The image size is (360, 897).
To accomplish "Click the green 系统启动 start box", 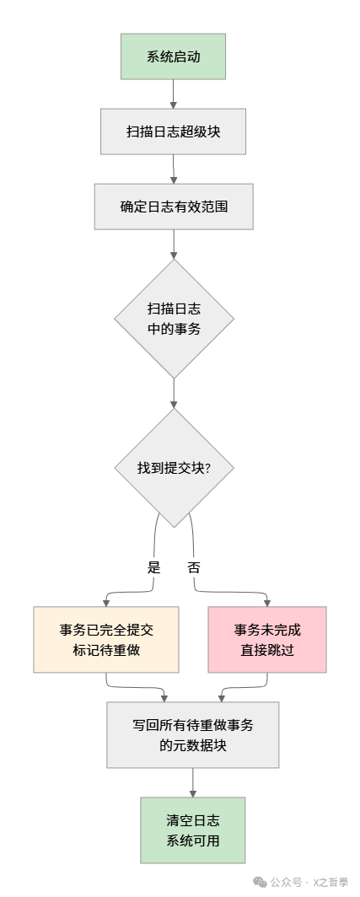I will click(x=173, y=57).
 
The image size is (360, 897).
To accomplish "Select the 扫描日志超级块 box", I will click(x=173, y=132).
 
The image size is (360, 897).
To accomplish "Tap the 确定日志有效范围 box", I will click(x=173, y=206).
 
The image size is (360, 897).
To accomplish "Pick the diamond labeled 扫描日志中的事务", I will click(x=174, y=319).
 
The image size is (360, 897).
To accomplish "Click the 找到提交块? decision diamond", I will click(x=174, y=468).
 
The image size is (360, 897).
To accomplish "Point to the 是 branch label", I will click(x=153, y=567).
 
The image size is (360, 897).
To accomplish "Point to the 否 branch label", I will click(x=195, y=567).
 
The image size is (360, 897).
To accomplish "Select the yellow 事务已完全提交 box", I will click(x=106, y=640).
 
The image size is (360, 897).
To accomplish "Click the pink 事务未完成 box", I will click(x=266, y=640).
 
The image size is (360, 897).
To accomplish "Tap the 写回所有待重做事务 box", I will click(x=192, y=734).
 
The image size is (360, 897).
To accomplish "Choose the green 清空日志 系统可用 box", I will click(x=192, y=830).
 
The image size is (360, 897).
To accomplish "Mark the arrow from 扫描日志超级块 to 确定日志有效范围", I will click(x=173, y=169).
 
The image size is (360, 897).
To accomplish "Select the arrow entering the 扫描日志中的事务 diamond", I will click(x=174, y=244).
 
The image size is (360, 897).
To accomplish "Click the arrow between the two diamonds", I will click(x=174, y=393).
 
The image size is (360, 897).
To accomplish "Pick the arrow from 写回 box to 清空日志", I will click(x=192, y=782).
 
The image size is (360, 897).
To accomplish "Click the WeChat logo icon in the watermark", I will click(x=260, y=882).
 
